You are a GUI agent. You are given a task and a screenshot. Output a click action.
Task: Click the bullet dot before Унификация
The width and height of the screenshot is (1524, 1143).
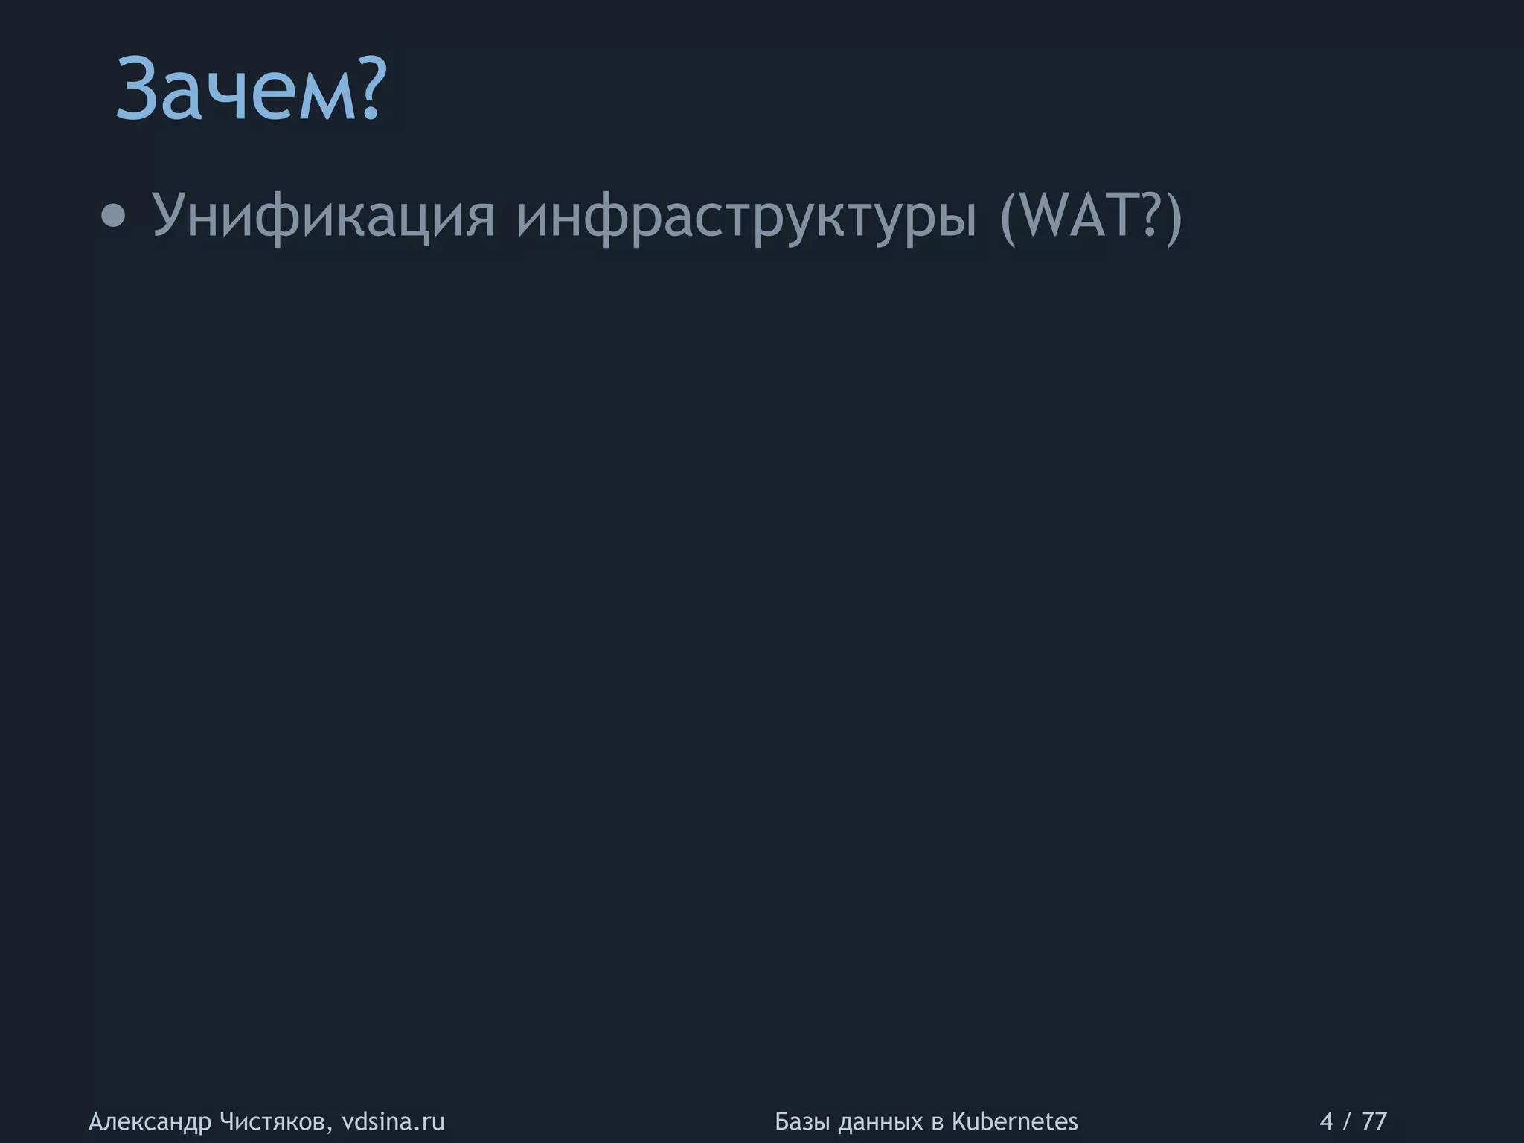tap(113, 217)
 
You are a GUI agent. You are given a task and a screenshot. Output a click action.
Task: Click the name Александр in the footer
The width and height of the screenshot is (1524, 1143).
tap(150, 1121)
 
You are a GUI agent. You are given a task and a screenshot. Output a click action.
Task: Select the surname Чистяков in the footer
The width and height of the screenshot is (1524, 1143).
tap(276, 1121)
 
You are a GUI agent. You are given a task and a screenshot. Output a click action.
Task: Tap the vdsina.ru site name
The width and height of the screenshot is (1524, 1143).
tap(393, 1121)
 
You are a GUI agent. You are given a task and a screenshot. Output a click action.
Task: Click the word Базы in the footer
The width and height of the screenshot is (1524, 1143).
tap(802, 1121)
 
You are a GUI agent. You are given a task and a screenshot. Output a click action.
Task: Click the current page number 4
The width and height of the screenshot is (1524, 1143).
tap(1326, 1121)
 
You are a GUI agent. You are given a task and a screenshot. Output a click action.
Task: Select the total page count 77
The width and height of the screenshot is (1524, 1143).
tap(1374, 1121)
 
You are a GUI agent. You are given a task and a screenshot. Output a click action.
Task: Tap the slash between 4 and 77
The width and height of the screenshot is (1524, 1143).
tap(1348, 1121)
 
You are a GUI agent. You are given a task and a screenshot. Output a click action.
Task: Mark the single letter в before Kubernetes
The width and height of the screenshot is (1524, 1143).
tap(936, 1122)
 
